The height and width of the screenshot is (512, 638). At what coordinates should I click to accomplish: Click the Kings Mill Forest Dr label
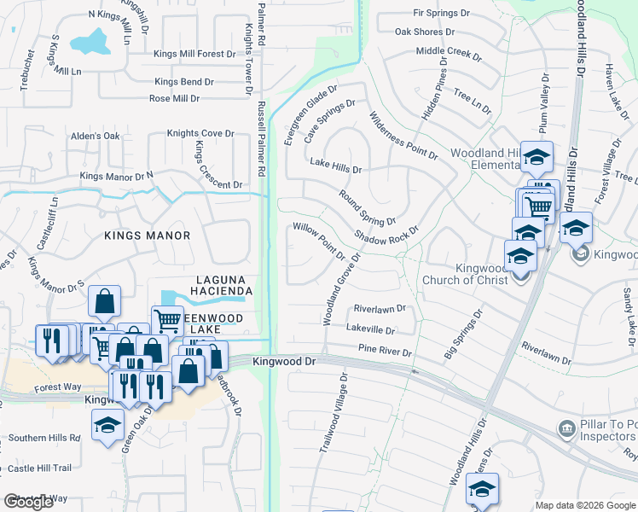[194, 54]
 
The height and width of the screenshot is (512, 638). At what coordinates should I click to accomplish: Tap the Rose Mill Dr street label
[174, 98]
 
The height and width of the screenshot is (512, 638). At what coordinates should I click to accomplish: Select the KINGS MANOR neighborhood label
[148, 235]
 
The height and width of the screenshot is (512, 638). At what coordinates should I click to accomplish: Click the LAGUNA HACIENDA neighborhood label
[224, 285]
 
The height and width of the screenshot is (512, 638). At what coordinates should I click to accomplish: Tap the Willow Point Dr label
[317, 241]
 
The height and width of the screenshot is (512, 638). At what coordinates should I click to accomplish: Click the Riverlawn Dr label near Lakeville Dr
[380, 308]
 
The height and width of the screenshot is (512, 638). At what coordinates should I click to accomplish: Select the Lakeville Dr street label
[371, 329]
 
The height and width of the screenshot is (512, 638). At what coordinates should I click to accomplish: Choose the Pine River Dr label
[385, 351]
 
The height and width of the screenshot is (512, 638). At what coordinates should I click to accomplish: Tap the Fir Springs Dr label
[441, 14]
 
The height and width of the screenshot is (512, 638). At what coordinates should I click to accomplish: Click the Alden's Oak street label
[95, 136]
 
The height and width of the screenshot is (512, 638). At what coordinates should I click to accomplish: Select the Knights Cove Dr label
[200, 133]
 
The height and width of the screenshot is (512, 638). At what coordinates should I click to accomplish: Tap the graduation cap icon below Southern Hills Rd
[107, 427]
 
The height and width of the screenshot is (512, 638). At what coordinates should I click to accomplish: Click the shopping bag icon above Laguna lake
[103, 302]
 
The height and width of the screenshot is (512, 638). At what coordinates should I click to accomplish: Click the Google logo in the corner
[29, 502]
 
